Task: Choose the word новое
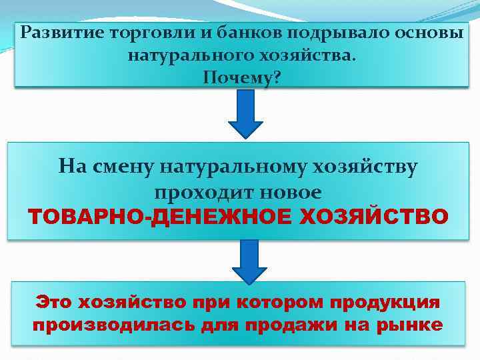coord(288,192)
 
